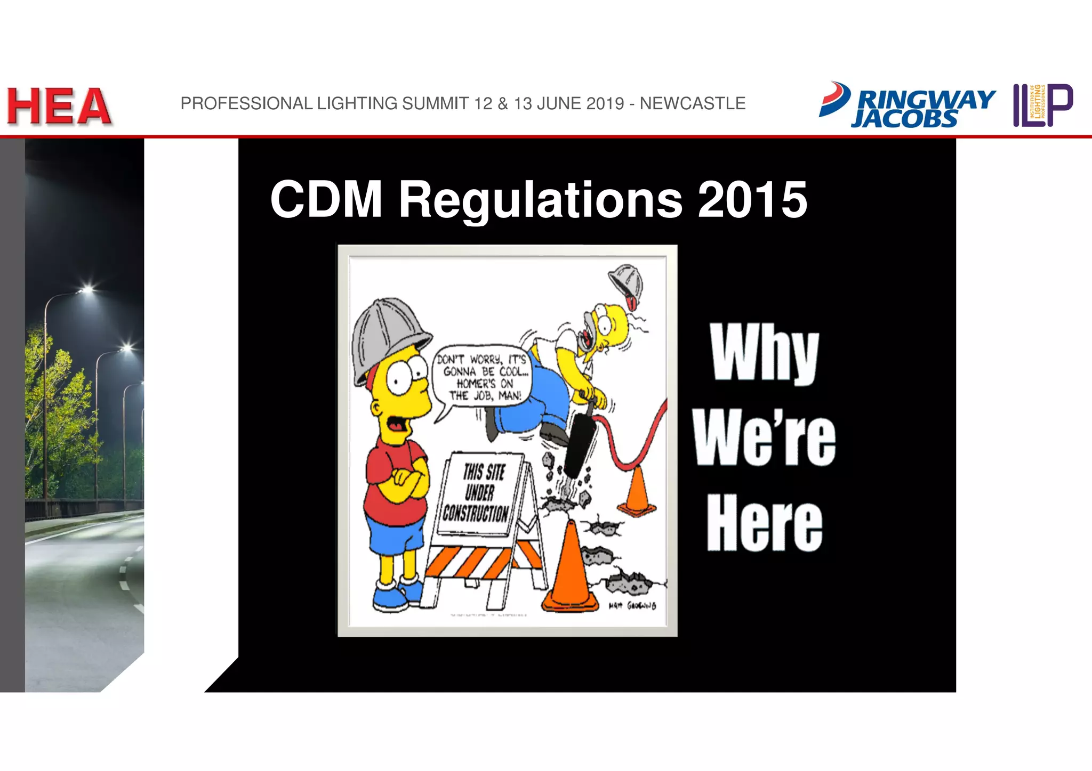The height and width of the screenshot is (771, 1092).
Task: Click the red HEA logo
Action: click(x=59, y=107)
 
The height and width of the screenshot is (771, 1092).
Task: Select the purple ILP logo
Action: click(x=1042, y=105)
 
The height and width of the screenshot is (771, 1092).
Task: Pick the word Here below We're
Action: click(x=764, y=523)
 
